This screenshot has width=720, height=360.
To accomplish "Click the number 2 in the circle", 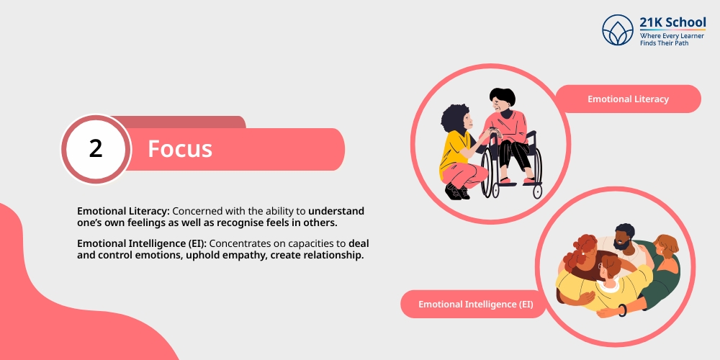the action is (96, 149).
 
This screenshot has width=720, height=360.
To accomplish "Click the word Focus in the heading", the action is (180, 149).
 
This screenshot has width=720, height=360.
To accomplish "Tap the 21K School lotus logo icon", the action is (618, 30).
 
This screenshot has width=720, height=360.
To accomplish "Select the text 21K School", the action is (672, 22).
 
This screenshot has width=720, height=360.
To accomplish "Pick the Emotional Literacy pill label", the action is (628, 99).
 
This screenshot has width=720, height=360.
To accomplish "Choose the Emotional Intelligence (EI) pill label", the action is (476, 304).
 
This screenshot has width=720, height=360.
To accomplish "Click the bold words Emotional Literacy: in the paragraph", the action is (124, 212).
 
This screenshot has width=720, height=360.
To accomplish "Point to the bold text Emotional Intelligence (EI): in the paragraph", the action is (142, 244).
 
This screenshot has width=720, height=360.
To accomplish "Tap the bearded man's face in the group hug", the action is (622, 240).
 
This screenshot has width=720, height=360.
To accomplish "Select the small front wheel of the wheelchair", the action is (537, 191).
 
